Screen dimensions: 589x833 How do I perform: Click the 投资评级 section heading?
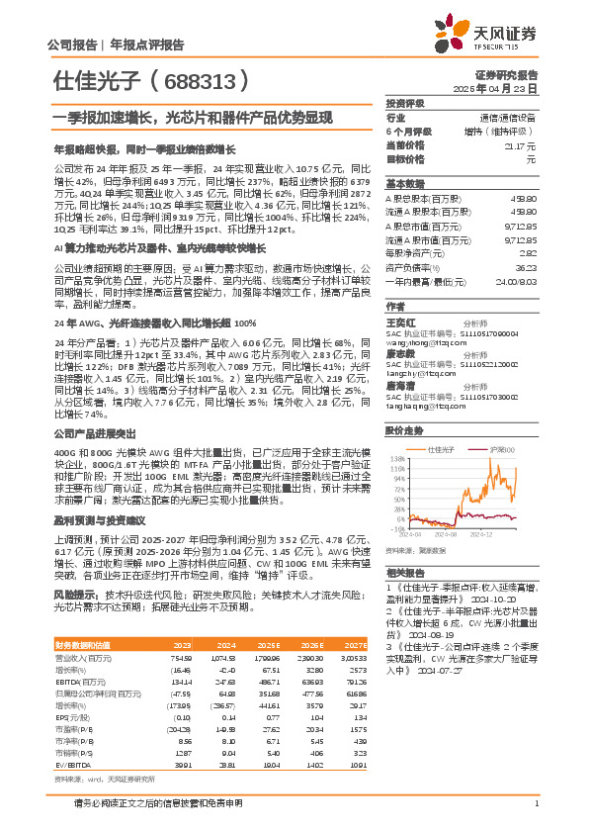coord(405,103)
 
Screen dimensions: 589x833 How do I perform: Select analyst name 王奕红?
coord(399,322)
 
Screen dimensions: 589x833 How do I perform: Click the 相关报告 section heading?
coord(405,573)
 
